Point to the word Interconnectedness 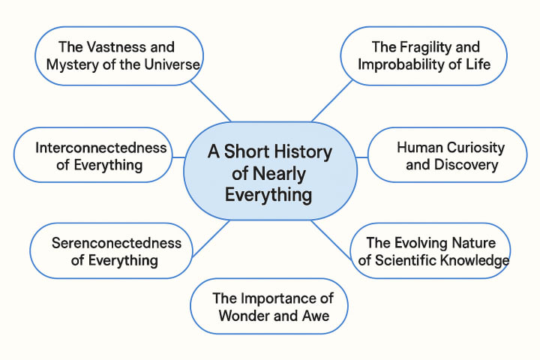click(101, 148)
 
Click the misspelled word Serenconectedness click(116, 243)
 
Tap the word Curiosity click(472, 148)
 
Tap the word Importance click(281, 298)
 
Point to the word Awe click(315, 315)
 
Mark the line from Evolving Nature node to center click(331, 239)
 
